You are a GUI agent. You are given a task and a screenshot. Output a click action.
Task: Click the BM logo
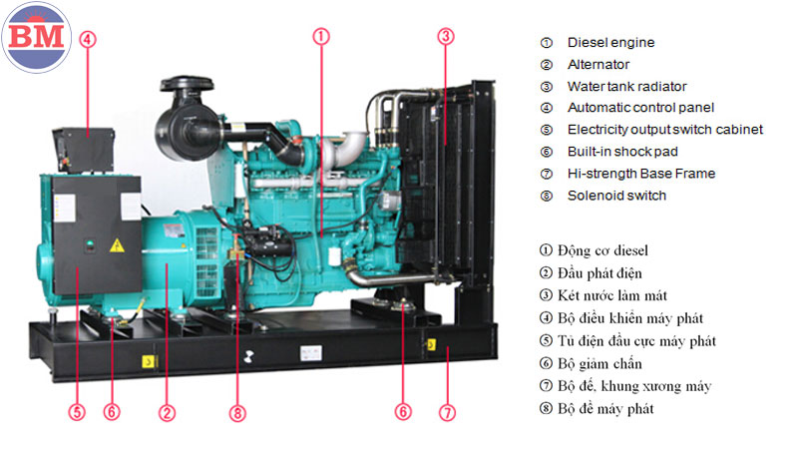click(36, 37)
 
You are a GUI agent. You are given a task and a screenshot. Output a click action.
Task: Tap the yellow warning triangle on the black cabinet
click(117, 245)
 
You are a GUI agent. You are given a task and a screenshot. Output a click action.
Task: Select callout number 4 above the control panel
click(88, 39)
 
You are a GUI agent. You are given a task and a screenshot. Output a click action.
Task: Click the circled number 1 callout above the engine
click(321, 36)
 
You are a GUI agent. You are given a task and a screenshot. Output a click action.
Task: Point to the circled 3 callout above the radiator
click(446, 36)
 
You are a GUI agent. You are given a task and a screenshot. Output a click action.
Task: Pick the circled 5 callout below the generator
click(77, 411)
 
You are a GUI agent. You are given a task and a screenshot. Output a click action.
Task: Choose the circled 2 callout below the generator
click(167, 412)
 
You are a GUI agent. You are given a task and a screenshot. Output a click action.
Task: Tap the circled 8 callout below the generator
click(237, 412)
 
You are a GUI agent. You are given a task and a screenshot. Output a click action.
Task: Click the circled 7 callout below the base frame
click(447, 412)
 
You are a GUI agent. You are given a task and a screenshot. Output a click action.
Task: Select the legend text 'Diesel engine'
click(610, 43)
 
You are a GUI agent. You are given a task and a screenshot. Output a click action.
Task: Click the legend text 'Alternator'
click(598, 65)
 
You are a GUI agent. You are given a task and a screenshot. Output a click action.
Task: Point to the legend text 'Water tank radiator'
click(627, 87)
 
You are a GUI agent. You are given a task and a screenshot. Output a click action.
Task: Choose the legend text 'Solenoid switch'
click(616, 196)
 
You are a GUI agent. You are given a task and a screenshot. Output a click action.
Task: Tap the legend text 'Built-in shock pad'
click(622, 152)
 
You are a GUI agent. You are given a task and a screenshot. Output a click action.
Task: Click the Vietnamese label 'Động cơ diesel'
click(602, 250)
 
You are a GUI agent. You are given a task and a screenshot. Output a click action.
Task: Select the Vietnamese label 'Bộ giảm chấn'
click(599, 364)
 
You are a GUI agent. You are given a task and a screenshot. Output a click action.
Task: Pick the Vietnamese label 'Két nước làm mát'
click(612, 295)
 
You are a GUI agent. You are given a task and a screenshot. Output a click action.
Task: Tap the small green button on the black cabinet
click(90, 243)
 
